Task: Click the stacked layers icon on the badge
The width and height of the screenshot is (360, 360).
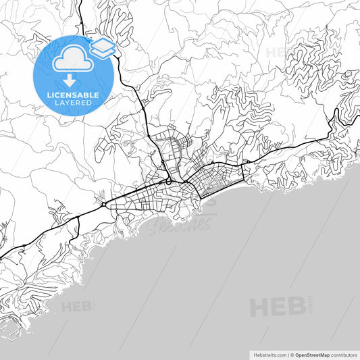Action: (x=103, y=47)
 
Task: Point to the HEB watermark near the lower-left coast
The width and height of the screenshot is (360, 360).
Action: (x=78, y=307)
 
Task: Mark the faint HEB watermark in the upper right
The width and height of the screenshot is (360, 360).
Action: (x=280, y=53)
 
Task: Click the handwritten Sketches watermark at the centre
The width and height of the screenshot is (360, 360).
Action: (x=179, y=223)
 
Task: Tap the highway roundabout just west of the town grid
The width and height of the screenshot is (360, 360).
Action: (x=103, y=204)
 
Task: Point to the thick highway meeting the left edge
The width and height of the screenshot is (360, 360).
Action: (x=2, y=257)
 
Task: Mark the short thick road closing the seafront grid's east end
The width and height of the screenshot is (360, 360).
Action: (x=241, y=178)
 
